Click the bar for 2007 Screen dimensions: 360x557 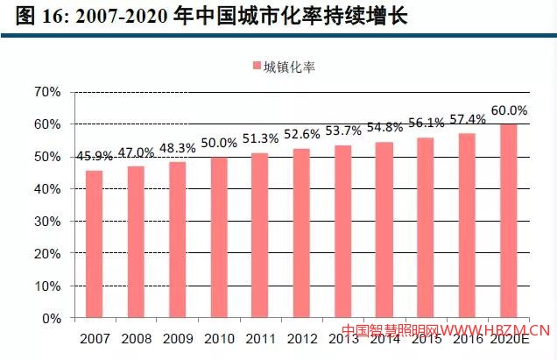[95, 244]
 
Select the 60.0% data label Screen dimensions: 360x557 [509, 111]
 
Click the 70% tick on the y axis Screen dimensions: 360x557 [48, 92]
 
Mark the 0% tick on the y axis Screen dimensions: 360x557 [52, 319]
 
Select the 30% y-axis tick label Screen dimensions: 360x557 [48, 222]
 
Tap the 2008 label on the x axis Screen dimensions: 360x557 [136, 336]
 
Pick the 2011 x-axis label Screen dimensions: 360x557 [260, 336]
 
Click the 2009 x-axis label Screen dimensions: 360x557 [178, 336]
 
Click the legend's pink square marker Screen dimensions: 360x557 [256, 66]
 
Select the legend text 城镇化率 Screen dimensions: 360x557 [290, 66]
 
